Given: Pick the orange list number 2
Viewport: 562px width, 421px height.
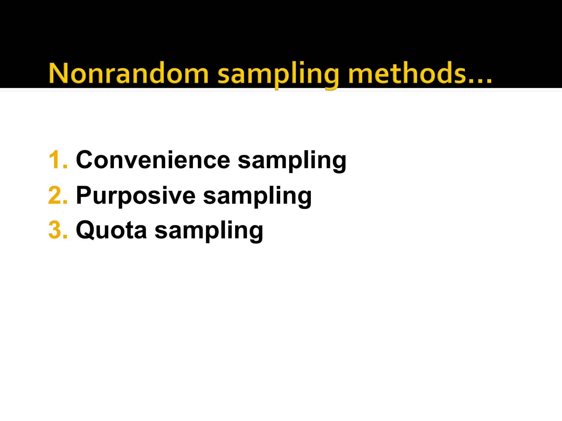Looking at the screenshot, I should click(58, 195).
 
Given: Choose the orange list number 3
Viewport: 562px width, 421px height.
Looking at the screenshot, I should click(58, 230).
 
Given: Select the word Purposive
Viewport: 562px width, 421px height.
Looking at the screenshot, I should click(136, 196).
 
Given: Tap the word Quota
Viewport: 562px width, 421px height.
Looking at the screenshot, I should click(111, 230).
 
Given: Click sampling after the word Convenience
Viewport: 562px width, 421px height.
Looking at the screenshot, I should click(292, 161).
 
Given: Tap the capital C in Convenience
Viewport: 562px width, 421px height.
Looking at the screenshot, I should click(86, 160).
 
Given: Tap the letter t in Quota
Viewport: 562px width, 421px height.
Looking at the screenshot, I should click(127, 230).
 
